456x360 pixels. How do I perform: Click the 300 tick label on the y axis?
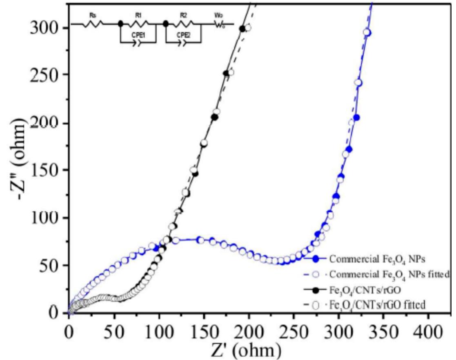[46, 28]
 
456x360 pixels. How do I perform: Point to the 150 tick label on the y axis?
[46, 171]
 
